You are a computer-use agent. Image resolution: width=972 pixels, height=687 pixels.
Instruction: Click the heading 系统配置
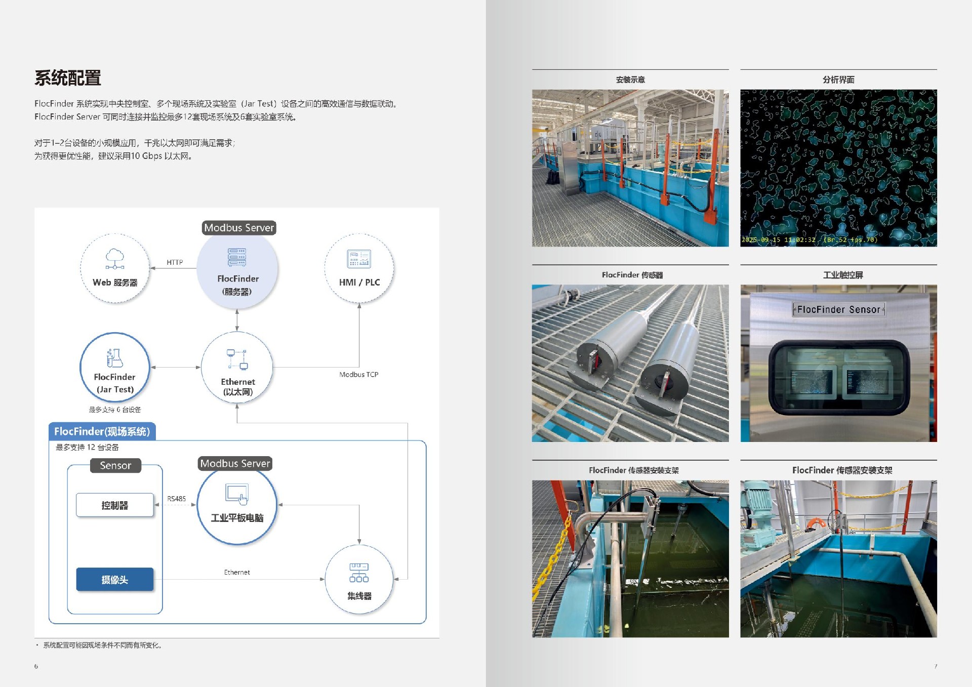(68, 78)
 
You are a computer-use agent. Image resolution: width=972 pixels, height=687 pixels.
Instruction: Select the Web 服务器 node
(115, 268)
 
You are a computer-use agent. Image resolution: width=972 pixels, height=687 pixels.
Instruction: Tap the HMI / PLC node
(359, 268)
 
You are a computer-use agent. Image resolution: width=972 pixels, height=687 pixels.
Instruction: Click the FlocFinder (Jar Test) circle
(115, 368)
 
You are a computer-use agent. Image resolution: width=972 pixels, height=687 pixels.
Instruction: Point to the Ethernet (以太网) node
(237, 368)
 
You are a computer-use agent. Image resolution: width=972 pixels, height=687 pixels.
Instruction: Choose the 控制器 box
(115, 505)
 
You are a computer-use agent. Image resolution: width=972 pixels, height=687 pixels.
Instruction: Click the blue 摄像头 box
(115, 580)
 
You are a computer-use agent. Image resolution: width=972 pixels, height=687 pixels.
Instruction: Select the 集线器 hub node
(359, 580)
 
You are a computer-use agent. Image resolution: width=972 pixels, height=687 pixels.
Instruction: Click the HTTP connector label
(175, 262)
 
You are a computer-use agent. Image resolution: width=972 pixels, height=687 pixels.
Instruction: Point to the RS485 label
(177, 499)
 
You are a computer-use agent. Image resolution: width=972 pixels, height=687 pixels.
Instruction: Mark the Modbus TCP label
(359, 375)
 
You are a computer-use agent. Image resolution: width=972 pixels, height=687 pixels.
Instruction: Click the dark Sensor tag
(115, 465)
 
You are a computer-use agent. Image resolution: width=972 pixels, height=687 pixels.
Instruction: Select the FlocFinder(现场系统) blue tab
(102, 431)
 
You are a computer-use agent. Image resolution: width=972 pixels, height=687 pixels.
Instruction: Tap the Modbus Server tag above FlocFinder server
(239, 228)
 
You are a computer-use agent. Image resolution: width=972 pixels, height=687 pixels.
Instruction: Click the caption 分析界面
(838, 79)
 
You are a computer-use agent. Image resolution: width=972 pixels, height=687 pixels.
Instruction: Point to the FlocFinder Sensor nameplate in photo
(838, 309)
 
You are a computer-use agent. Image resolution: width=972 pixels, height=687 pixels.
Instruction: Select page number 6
(36, 666)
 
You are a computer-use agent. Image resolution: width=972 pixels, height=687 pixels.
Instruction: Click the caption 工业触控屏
(843, 275)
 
